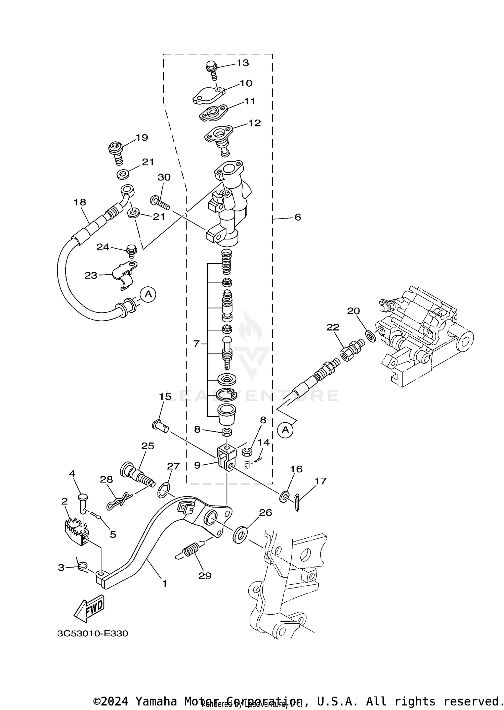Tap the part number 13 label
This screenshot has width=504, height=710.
(243, 63)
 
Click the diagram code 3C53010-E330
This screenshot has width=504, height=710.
(92, 633)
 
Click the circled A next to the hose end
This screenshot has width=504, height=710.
(148, 294)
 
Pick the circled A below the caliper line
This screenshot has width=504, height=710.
(285, 430)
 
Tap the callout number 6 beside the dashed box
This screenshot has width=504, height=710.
(298, 217)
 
